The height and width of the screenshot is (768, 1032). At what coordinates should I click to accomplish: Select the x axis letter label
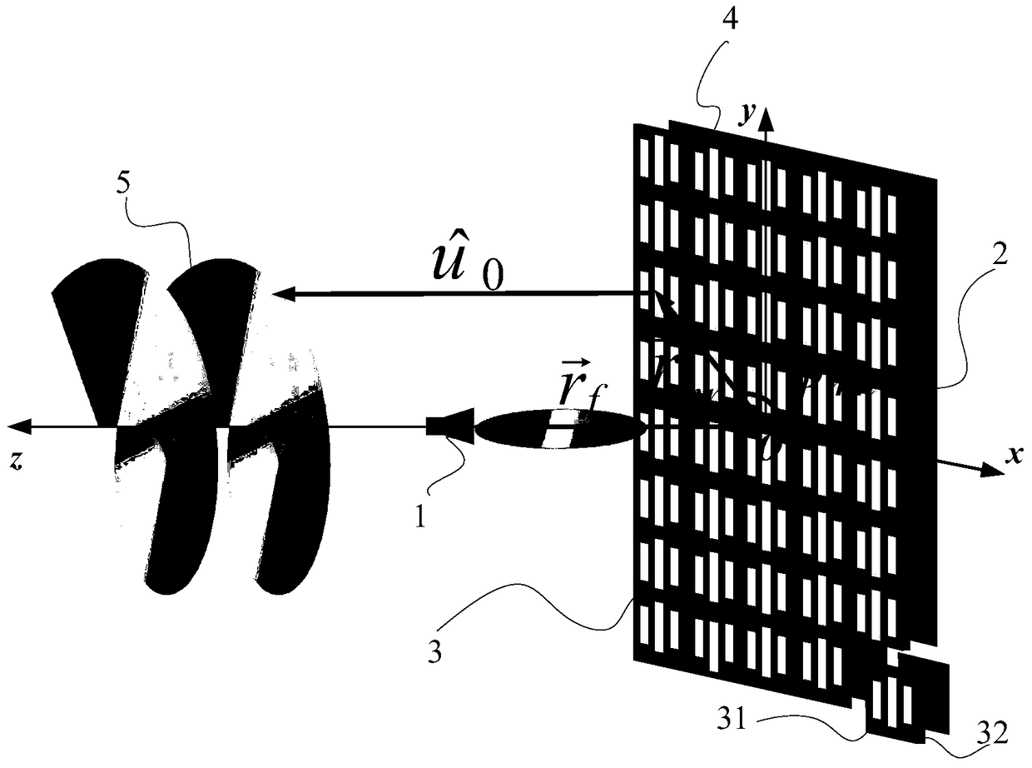[1014, 454]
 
